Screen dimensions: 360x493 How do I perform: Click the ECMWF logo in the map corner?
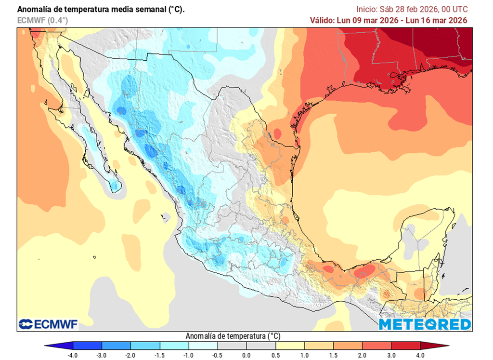tap(48, 324)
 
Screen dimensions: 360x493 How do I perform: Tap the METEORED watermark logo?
tap(425, 324)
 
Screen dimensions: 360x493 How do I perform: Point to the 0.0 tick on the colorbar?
tap(246, 356)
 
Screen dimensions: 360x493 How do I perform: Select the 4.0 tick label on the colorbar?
tap(420, 356)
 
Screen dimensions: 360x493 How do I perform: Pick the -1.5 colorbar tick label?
tap(159, 356)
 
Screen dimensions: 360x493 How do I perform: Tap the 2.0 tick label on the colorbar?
tap(363, 356)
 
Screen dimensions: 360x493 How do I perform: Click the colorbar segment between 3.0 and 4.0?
tap(406, 346)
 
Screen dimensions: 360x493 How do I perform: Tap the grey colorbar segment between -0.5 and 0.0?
tap(232, 346)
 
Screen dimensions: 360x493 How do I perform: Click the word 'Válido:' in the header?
tap(323, 20)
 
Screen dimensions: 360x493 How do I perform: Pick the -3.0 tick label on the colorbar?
tap(102, 356)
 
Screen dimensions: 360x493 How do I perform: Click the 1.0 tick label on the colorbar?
tap(305, 356)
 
